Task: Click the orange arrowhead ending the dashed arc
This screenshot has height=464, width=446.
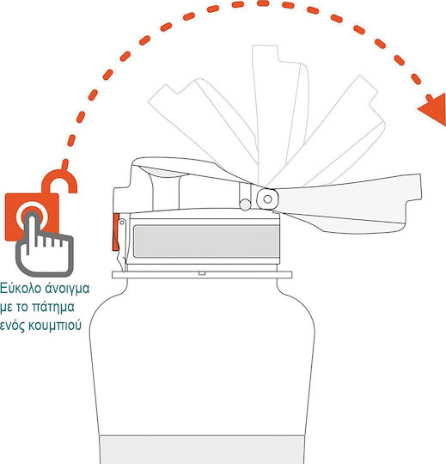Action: click(435, 109)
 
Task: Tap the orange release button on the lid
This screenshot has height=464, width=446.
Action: click(116, 232)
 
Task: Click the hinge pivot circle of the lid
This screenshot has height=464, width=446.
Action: click(267, 199)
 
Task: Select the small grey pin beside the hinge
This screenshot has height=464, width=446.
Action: click(245, 205)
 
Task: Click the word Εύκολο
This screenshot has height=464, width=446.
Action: click(20, 288)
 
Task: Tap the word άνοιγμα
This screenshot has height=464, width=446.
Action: click(67, 288)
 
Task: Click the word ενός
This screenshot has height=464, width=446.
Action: click(12, 325)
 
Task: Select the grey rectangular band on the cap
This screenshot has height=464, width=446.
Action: click(206, 241)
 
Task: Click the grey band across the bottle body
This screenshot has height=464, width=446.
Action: click(203, 449)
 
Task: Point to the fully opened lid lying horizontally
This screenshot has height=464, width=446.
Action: click(340, 205)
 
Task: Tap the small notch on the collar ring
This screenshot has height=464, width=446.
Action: click(202, 273)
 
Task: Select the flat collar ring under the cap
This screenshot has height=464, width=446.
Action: click(202, 275)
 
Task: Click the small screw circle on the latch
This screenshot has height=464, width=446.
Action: click(122, 222)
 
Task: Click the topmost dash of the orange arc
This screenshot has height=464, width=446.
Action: click(263, 3)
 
